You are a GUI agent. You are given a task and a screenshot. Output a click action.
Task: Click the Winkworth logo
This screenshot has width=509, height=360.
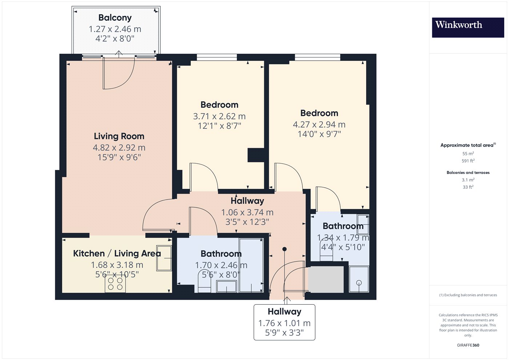(468, 28)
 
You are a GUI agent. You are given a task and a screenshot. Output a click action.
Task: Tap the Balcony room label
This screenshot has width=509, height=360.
(115, 18)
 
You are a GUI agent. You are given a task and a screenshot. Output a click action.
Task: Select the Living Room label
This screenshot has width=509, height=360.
(119, 136)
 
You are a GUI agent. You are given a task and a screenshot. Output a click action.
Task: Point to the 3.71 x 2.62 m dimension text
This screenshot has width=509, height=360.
(219, 116)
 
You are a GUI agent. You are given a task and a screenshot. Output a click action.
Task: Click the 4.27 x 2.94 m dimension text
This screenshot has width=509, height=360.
(319, 124)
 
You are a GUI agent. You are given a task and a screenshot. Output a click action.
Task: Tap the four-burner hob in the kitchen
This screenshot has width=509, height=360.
(115, 284)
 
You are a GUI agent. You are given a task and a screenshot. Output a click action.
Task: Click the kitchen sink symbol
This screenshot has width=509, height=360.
(164, 258)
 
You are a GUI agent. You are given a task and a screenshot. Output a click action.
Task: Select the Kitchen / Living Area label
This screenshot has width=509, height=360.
(117, 253)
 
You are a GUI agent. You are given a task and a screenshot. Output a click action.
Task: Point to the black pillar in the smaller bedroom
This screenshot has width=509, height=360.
(256, 155)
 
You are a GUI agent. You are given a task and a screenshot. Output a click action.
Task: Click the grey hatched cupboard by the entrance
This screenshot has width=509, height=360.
(326, 280)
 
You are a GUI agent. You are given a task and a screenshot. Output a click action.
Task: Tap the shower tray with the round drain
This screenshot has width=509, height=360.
(359, 279)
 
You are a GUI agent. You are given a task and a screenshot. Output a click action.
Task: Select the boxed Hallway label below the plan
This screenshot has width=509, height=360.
(284, 323)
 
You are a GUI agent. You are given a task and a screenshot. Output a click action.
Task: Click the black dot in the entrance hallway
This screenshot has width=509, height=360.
(284, 249)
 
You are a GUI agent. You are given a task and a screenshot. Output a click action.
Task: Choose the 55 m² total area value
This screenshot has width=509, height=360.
(468, 153)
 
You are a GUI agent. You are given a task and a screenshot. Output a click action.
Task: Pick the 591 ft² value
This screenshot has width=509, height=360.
(468, 161)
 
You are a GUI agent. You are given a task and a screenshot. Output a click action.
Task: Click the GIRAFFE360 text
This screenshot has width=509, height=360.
(468, 345)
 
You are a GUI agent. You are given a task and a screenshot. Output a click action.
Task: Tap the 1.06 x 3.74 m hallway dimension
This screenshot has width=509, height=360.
(247, 212)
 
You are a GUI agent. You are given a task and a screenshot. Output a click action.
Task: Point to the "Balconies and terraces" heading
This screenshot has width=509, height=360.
(468, 172)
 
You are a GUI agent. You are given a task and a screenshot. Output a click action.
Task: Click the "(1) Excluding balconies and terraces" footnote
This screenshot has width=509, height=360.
(468, 295)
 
